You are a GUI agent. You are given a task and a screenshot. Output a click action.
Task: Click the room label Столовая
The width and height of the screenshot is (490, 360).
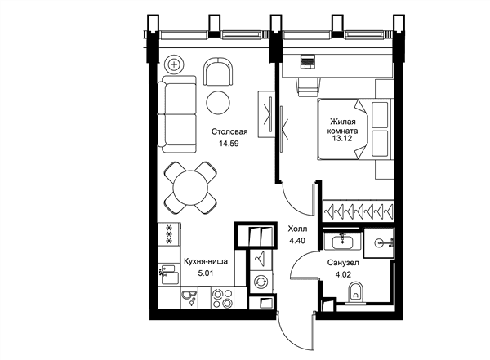tap(229, 131)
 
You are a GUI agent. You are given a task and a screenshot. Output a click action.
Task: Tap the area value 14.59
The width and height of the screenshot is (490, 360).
tap(229, 144)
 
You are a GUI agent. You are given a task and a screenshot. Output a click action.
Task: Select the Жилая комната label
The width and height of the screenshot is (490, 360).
tap(344, 126)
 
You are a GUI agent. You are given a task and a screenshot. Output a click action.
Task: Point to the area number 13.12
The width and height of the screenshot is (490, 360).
tap(342, 138)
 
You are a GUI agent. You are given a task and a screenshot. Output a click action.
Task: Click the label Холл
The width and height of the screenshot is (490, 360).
tap(297, 229)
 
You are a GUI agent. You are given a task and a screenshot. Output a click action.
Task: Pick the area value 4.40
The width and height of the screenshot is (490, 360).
tap(297, 241)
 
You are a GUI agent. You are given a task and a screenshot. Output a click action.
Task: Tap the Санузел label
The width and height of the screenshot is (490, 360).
tap(343, 263)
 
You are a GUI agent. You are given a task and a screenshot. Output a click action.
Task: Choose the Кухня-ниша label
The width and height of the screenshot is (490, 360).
tap(205, 261)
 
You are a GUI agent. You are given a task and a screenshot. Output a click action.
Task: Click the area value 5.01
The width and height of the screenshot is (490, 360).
tap(205, 273)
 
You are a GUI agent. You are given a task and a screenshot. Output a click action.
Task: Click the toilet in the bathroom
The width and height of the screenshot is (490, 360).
tap(355, 293)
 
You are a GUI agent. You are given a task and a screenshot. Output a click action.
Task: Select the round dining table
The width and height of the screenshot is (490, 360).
tap(190, 188)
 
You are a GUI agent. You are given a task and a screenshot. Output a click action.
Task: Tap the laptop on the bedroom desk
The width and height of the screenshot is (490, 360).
tap(308, 61)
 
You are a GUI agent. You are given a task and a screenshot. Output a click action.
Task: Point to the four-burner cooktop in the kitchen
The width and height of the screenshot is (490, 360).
tap(222, 298)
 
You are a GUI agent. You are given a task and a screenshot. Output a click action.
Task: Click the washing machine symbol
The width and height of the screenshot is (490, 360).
tap(261, 282)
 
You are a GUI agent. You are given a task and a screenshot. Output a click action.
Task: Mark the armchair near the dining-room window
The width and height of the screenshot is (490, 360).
tap(218, 71)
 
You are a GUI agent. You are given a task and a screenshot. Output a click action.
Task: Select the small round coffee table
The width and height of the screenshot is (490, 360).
tap(218, 102)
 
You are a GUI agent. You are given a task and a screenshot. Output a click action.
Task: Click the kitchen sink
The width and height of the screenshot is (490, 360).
tap(169, 274)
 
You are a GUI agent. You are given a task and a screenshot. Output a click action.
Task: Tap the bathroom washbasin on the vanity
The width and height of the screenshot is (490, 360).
tap(342, 241)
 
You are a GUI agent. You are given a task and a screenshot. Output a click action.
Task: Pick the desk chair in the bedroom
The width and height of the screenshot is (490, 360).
tap(309, 87)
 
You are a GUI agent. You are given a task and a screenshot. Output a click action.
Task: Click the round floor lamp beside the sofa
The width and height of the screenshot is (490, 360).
tap(174, 65)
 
